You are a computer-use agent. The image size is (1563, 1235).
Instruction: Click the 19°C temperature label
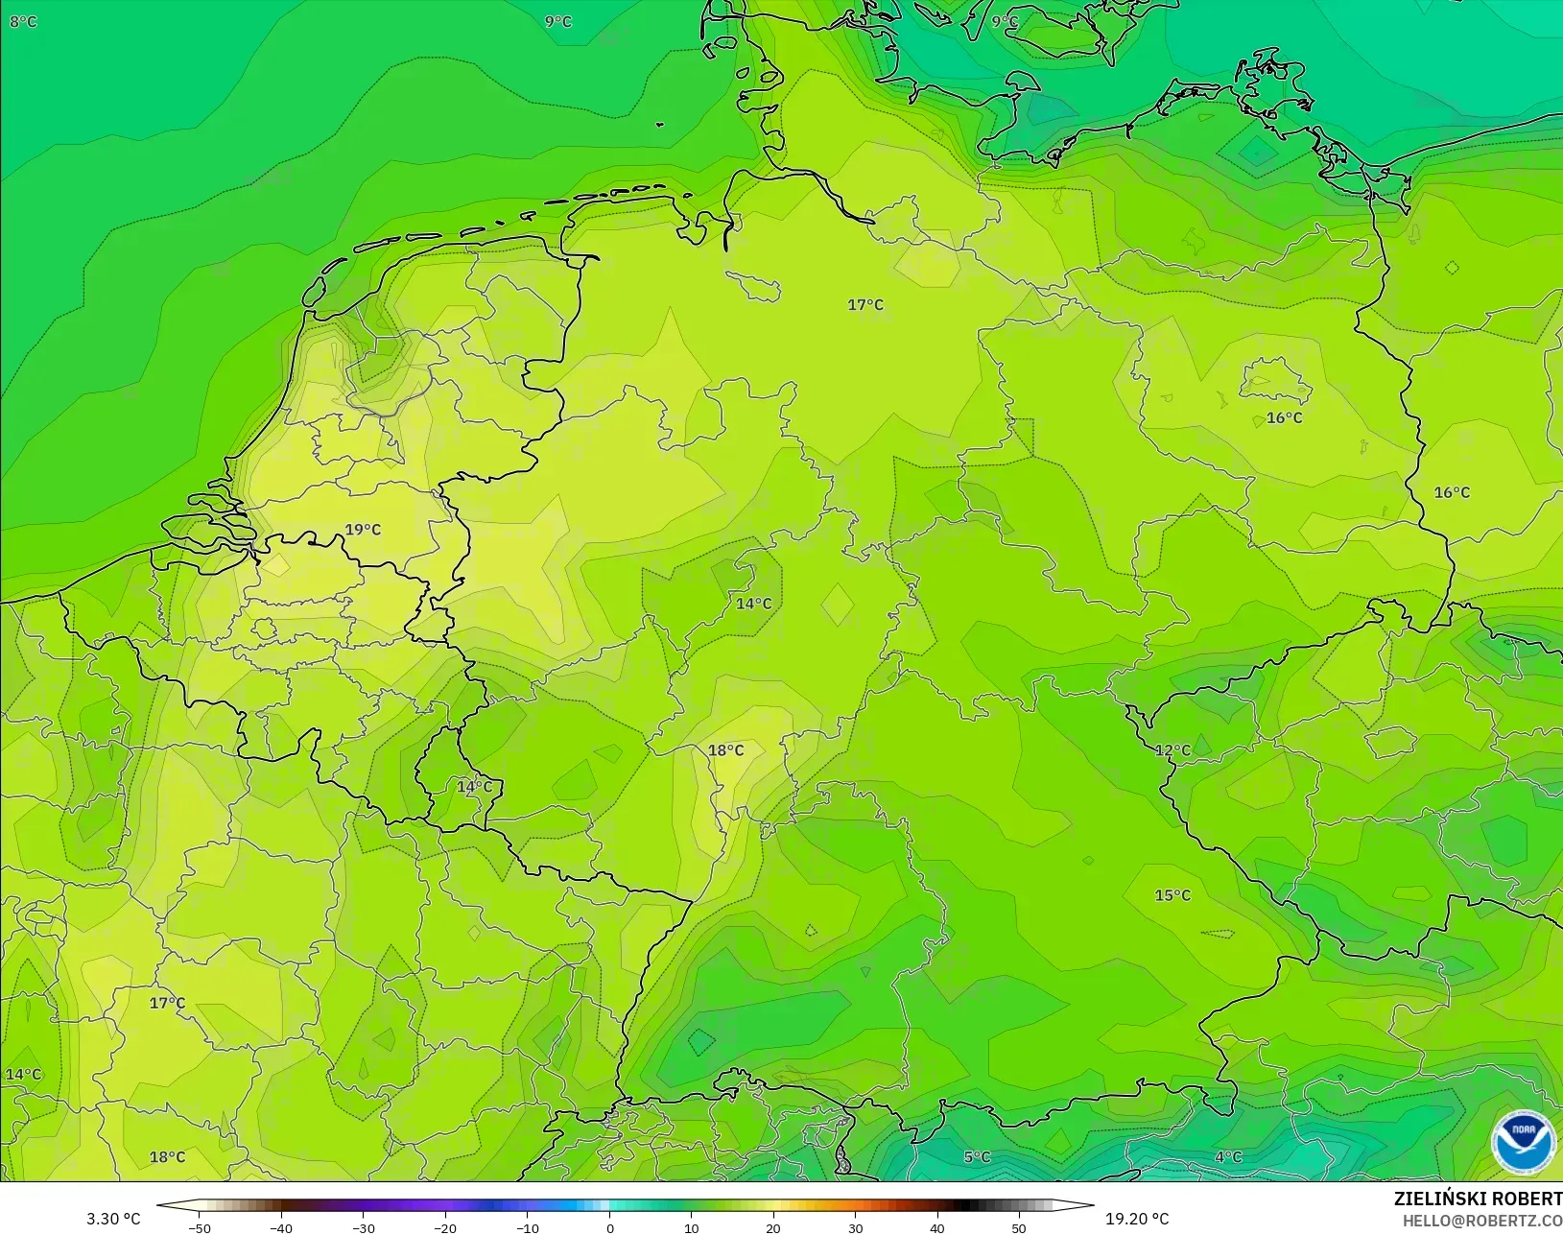[363, 530]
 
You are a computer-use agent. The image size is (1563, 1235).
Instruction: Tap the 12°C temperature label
[1172, 750]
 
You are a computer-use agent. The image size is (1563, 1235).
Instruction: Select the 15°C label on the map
[1172, 895]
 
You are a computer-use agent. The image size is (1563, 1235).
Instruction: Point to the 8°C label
[23, 21]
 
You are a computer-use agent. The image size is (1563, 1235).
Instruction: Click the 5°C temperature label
[977, 1157]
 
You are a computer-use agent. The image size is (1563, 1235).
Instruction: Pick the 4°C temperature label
[1228, 1157]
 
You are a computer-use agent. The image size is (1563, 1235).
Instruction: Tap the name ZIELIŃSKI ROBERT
[1478, 1199]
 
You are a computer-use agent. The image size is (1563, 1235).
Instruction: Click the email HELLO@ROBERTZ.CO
[1482, 1221]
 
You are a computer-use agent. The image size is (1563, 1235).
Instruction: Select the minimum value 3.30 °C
[113, 1219]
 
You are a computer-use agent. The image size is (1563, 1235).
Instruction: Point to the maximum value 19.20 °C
[1137, 1219]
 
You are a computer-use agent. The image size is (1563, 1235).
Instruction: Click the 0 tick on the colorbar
[610, 1227]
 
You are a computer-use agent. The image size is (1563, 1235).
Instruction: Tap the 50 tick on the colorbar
[1019, 1227]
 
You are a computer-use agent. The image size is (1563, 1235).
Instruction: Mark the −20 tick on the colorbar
[444, 1227]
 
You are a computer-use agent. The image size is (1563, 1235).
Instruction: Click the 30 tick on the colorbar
[856, 1227]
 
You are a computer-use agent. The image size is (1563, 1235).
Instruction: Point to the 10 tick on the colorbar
[692, 1227]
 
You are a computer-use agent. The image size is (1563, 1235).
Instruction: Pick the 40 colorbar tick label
[937, 1227]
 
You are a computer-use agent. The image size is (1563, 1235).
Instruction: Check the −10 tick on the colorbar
[527, 1227]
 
